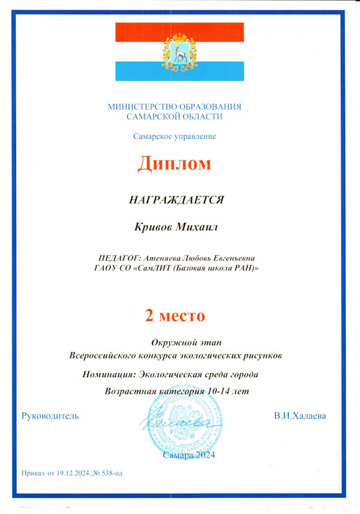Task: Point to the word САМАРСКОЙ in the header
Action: [x=157, y=116]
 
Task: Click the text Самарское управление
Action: [x=175, y=136]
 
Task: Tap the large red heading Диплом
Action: [x=174, y=164]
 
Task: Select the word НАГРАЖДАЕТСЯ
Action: [x=177, y=200]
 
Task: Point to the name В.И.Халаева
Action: [x=300, y=416]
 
